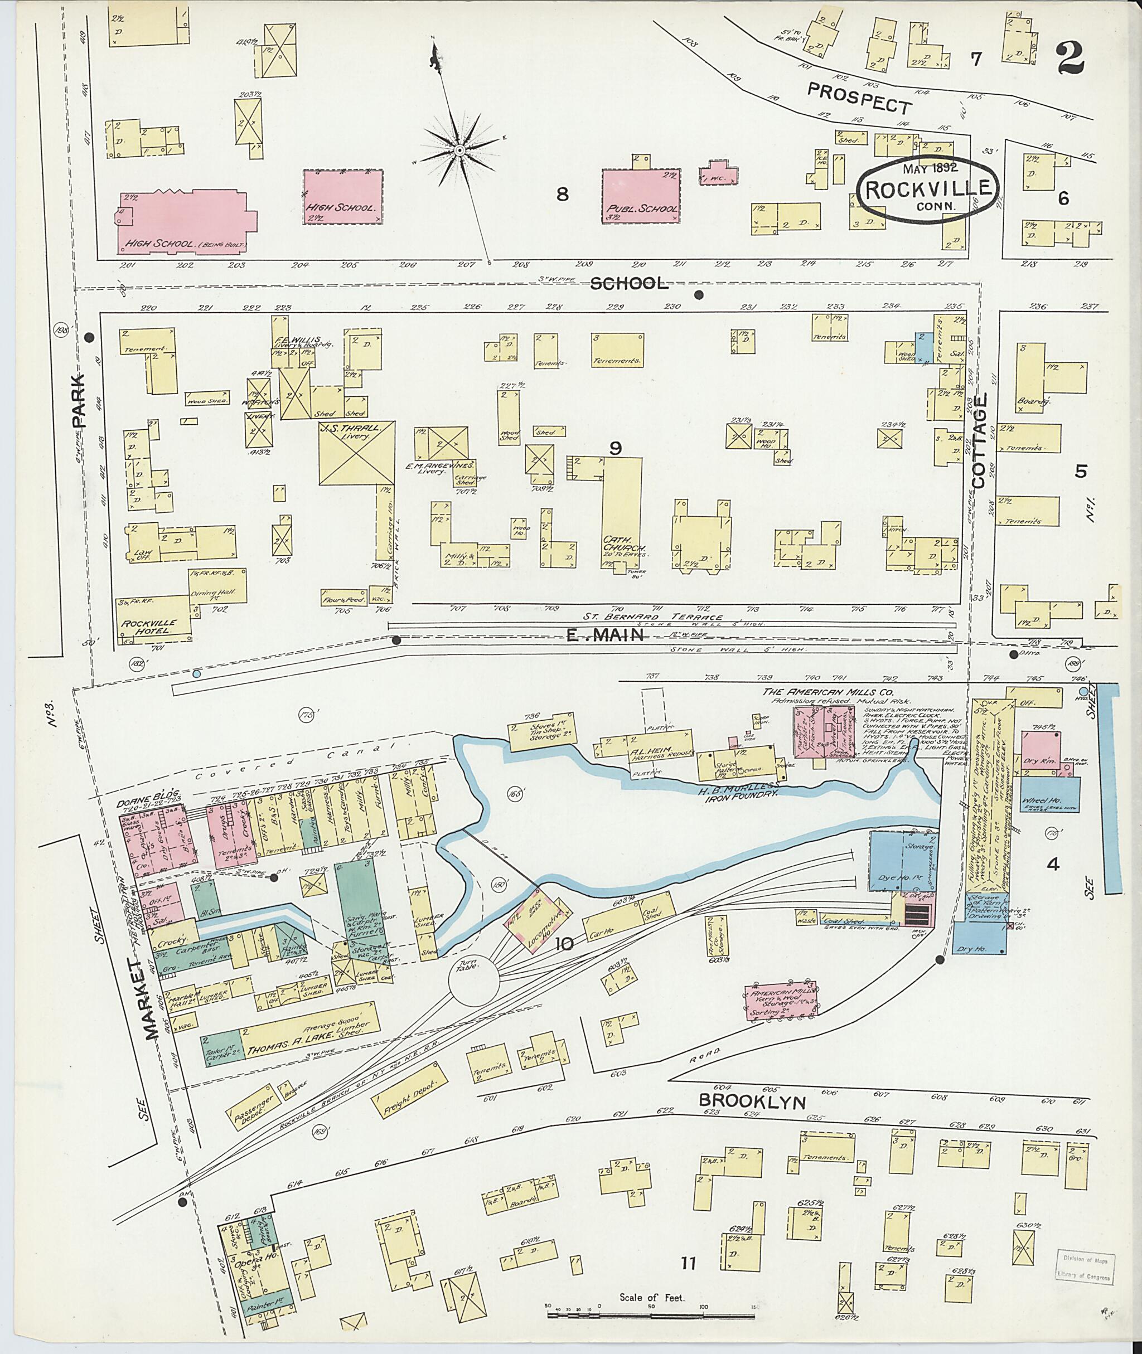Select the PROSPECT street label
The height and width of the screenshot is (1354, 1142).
(860, 98)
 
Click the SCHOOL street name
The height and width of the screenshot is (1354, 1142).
(629, 284)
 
